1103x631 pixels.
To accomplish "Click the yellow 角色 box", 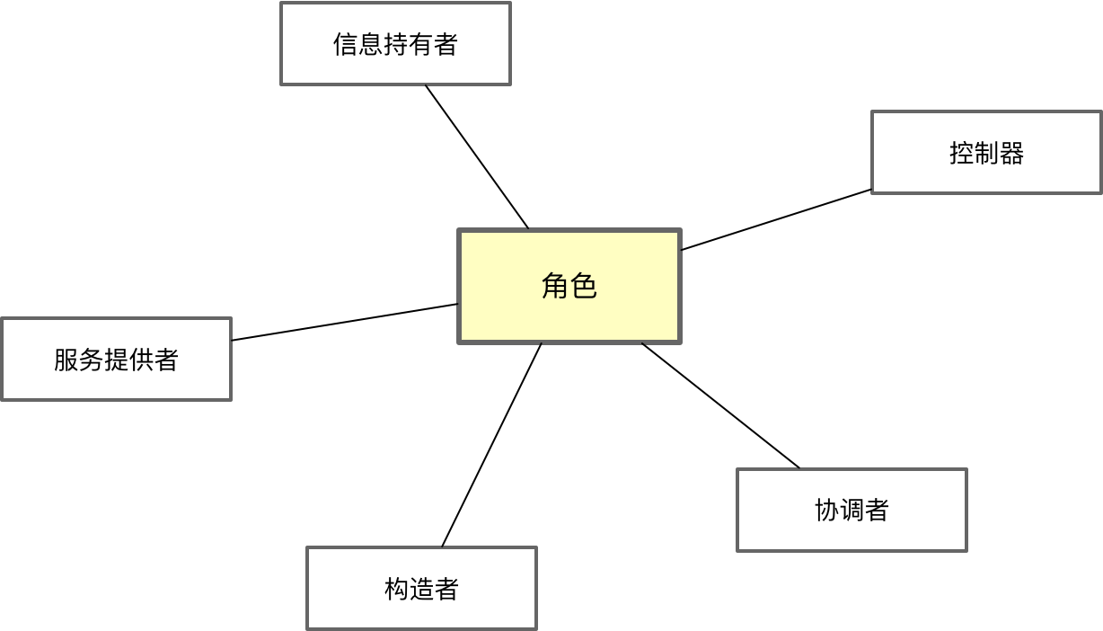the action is click(569, 286).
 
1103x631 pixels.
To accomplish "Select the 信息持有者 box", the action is click(395, 44).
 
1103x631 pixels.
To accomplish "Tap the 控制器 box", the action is click(986, 153).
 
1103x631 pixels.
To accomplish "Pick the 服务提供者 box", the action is click(116, 359).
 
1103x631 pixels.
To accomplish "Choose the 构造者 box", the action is click(421, 588).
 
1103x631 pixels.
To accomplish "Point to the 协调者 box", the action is click(852, 510).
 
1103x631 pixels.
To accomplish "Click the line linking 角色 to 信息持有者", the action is click(477, 157).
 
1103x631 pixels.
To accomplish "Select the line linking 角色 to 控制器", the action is click(777, 219).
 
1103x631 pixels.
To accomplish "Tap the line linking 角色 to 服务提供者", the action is click(345, 322).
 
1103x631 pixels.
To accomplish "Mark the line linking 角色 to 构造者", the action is click(491, 445).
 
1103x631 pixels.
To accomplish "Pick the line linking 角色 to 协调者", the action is click(720, 405).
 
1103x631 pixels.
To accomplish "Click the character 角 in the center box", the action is click(555, 286).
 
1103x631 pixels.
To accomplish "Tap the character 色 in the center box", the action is click(584, 286).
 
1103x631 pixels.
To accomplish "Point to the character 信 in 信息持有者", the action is click(345, 44).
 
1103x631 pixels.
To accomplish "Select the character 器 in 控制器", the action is click(1011, 153).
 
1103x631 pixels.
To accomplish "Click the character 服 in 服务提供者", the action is click(66, 360).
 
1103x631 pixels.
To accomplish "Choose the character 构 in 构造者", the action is click(396, 589).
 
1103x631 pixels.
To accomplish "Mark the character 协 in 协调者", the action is click(826, 511).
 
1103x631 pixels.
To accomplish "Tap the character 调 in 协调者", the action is click(852, 511).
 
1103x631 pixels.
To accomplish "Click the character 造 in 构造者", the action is click(421, 589).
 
